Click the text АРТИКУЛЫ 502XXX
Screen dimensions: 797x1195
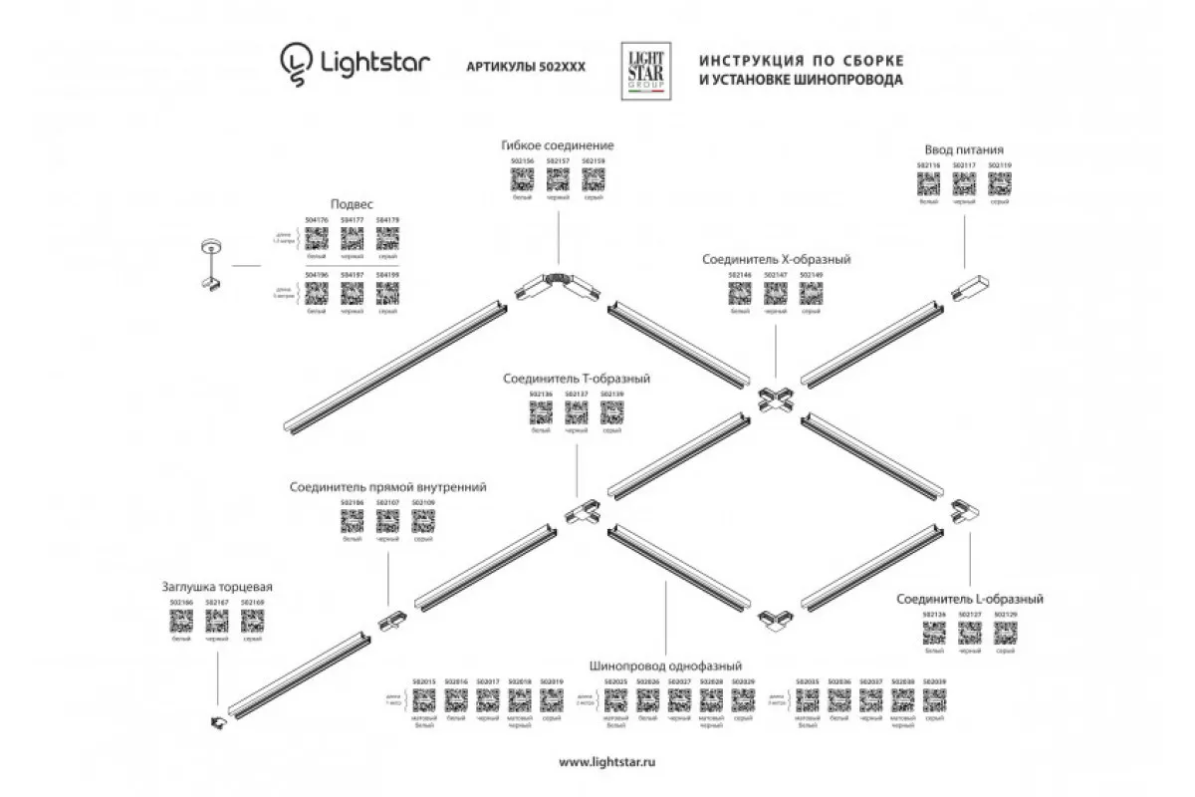(526, 66)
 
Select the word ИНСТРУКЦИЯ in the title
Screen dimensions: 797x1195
(744, 58)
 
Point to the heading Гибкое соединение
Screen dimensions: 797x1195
(557, 145)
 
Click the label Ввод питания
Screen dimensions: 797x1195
(962, 149)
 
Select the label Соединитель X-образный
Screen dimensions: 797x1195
(776, 259)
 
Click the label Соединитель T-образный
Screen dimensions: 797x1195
(577, 380)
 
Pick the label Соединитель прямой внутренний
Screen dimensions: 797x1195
(388, 488)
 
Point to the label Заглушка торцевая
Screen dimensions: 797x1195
(217, 588)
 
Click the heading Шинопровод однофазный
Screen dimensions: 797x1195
(665, 665)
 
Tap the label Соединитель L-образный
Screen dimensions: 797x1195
(969, 599)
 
